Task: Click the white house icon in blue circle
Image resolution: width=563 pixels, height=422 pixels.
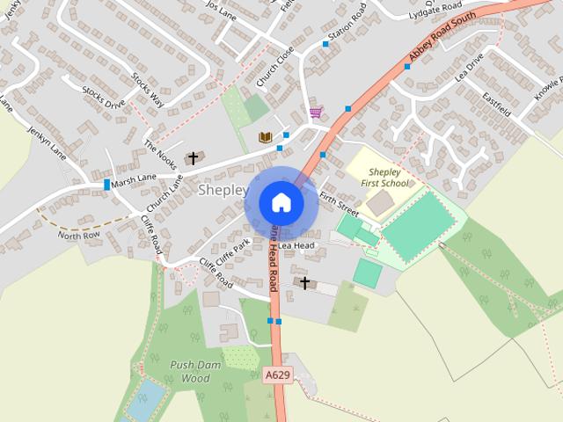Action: (281, 202)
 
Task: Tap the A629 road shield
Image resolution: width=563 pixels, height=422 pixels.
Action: (277, 375)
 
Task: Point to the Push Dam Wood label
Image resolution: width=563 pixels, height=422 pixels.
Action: (190, 371)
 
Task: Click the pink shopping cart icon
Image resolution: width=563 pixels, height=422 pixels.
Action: (315, 113)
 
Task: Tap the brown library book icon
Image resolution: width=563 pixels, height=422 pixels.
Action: (265, 137)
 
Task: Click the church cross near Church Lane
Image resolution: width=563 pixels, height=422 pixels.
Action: (194, 158)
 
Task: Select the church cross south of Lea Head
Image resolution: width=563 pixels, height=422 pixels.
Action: (305, 283)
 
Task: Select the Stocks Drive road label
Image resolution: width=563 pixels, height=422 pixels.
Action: (104, 98)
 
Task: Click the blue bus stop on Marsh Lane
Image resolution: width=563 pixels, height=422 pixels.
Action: (107, 185)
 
